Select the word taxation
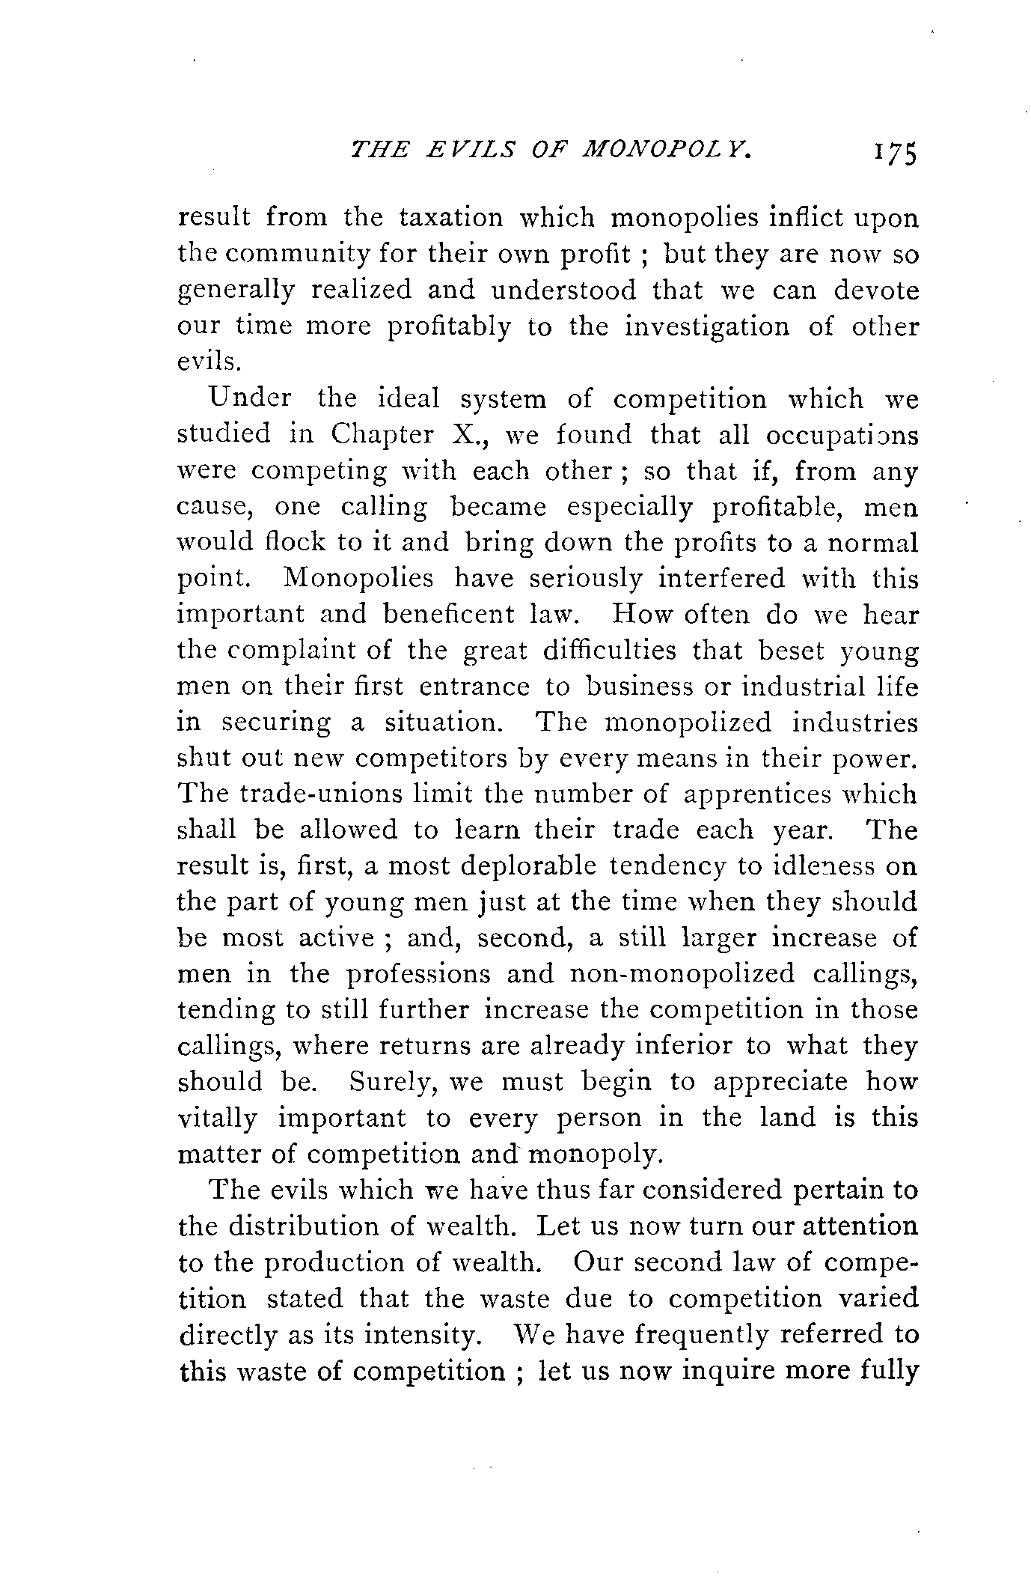(x=454, y=218)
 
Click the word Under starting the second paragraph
(x=251, y=398)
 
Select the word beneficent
(x=447, y=615)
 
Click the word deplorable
(x=528, y=866)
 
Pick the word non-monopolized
(x=682, y=974)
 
